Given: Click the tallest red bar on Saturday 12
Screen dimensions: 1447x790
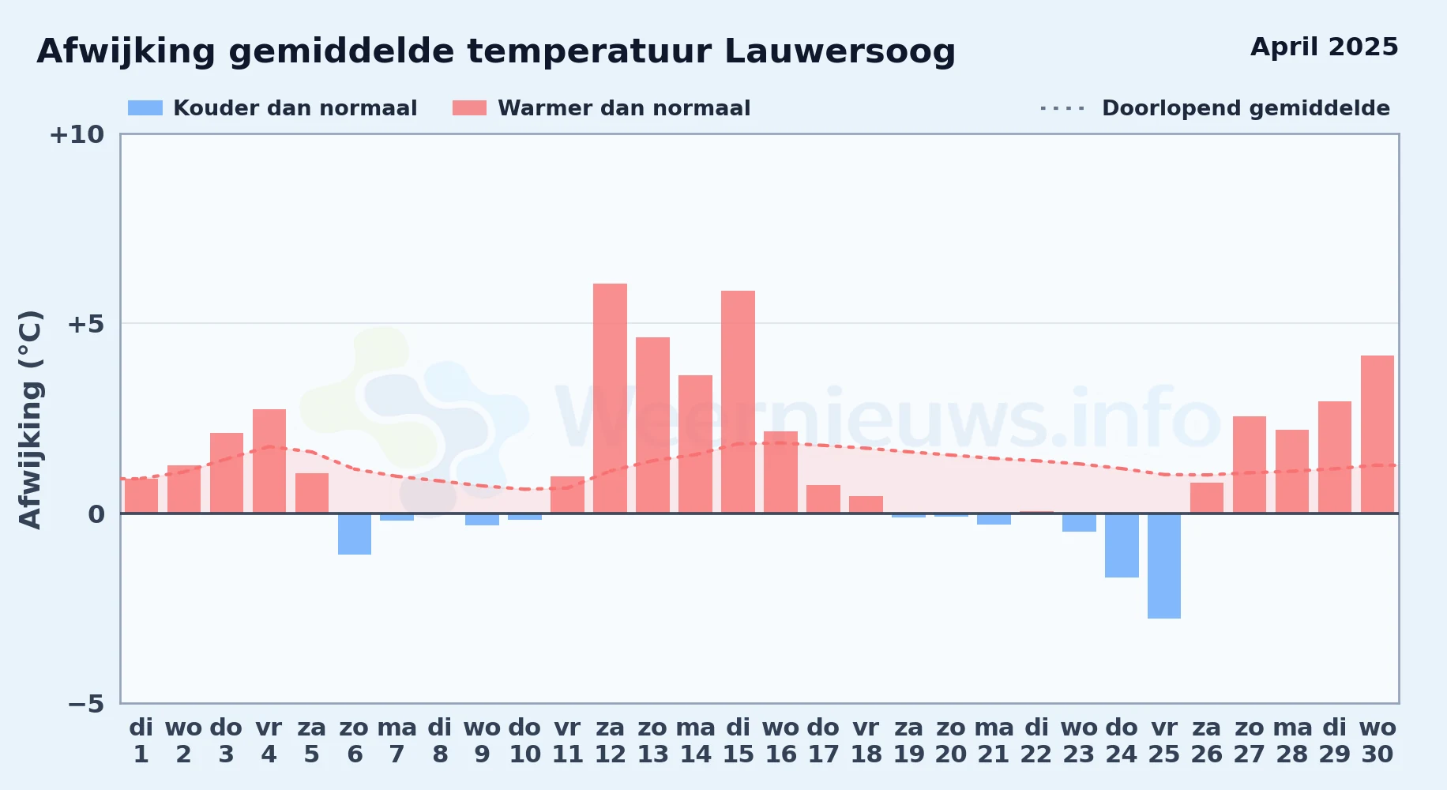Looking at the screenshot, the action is click(x=610, y=398).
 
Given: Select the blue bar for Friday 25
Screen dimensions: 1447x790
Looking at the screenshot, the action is click(x=1164, y=566).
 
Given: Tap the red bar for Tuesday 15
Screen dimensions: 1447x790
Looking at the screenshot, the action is click(x=738, y=402).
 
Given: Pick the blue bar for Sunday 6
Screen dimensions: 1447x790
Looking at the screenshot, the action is click(x=355, y=534).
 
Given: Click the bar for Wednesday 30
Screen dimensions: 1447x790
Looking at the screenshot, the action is click(x=1377, y=434).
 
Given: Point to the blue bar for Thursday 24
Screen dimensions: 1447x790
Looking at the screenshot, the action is click(x=1122, y=545).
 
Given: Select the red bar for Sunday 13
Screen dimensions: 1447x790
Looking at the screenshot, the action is click(x=652, y=425).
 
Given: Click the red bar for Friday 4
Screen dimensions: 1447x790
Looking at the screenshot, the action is click(x=269, y=461).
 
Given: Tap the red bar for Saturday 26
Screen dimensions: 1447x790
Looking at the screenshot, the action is click(x=1207, y=498).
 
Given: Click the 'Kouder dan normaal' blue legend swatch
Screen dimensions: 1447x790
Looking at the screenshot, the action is click(x=145, y=108).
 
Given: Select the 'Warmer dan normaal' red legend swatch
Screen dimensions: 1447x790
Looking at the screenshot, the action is click(x=469, y=108).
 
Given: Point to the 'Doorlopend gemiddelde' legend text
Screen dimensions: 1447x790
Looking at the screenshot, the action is click(x=1246, y=108).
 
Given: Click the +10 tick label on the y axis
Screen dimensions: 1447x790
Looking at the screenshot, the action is click(x=77, y=134).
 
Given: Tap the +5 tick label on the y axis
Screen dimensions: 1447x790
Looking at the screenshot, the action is click(x=85, y=324).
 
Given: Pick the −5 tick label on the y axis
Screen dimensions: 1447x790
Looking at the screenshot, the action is click(x=85, y=703).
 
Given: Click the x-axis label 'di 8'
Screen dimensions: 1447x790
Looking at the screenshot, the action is click(x=440, y=741).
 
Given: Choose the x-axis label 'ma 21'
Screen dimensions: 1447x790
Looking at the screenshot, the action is click(x=994, y=741).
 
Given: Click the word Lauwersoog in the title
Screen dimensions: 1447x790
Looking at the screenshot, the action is click(x=840, y=52).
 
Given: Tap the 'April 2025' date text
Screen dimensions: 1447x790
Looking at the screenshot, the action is click(x=1325, y=47).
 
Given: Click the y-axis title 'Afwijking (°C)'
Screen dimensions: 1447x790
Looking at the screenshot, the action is click(x=30, y=419).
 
